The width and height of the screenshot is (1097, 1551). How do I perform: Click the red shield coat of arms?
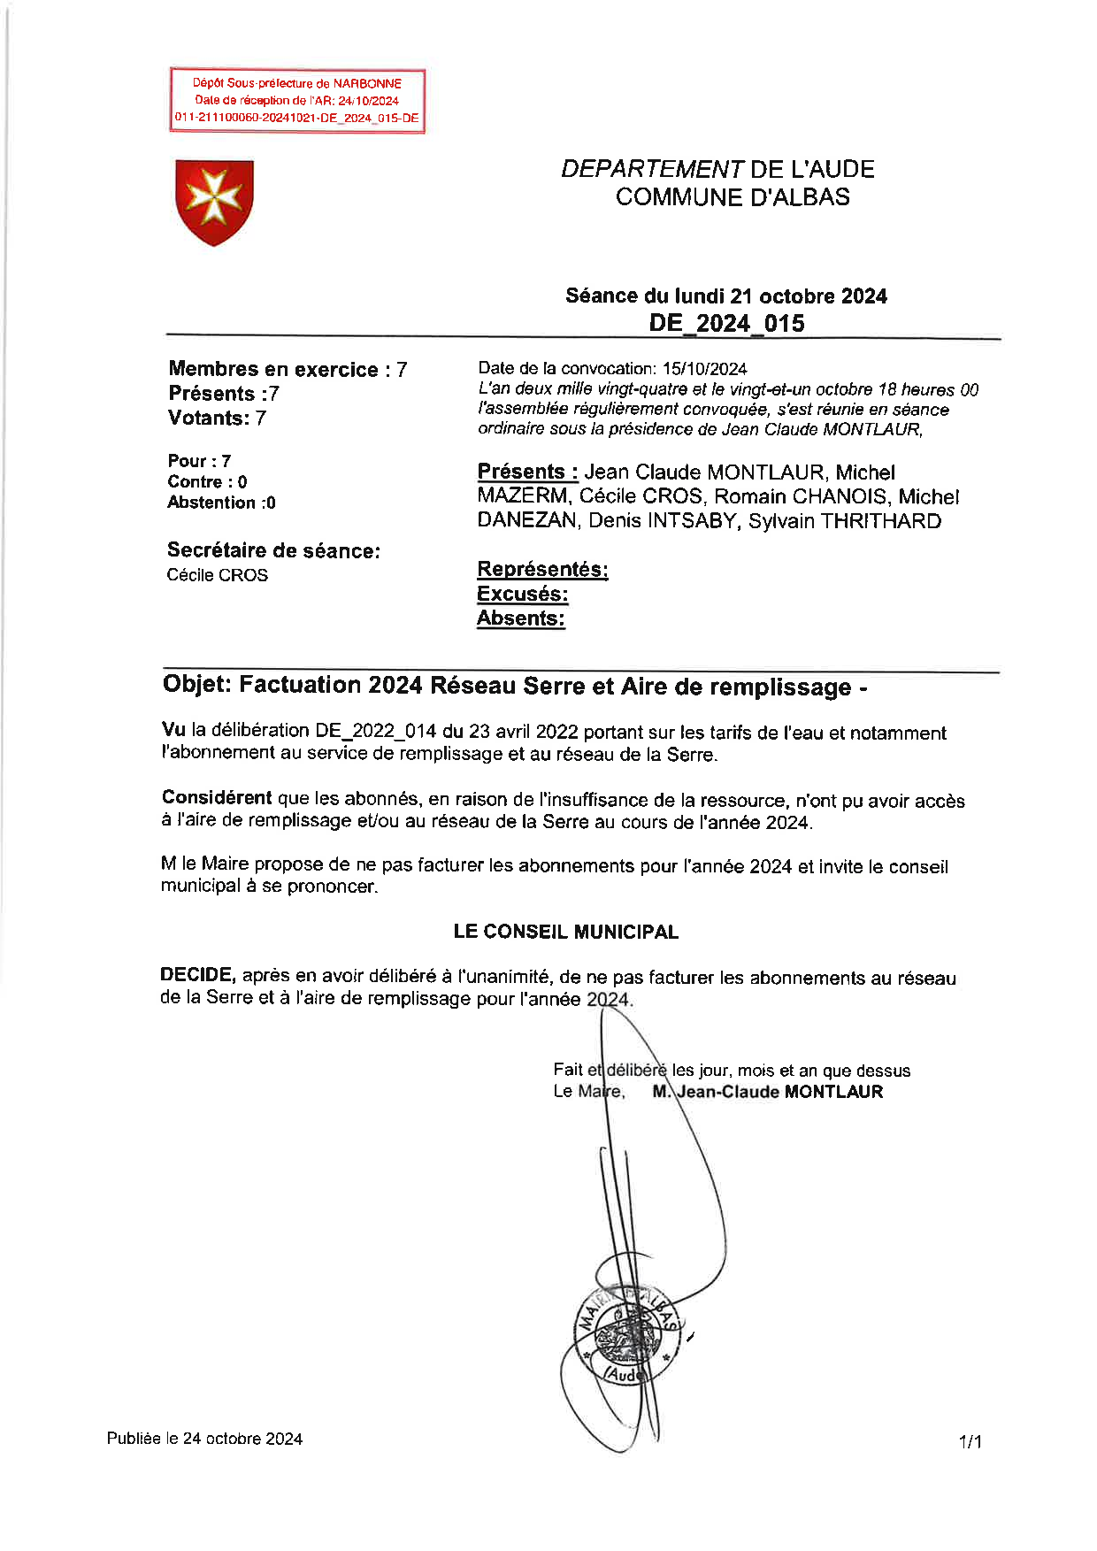click(214, 201)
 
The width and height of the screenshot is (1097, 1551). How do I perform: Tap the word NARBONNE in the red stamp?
click(367, 83)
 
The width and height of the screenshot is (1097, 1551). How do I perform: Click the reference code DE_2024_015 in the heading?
click(726, 323)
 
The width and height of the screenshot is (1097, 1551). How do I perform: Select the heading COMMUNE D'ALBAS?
click(733, 196)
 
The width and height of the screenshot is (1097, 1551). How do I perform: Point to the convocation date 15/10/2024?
click(704, 369)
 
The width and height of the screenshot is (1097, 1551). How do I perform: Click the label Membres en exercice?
click(273, 370)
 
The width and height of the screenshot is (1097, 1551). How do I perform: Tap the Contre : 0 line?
click(207, 482)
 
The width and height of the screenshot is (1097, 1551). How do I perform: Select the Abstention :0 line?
click(221, 503)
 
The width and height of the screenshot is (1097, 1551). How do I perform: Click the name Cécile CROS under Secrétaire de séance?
click(217, 575)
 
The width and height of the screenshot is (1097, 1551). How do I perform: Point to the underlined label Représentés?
click(542, 569)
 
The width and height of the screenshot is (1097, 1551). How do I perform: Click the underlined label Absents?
click(520, 618)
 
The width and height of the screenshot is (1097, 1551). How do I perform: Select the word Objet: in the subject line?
click(198, 685)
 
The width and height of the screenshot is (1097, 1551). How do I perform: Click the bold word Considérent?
click(217, 797)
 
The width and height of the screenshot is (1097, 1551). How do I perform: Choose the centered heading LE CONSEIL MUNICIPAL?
click(565, 932)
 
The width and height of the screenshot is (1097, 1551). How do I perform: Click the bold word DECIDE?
click(197, 975)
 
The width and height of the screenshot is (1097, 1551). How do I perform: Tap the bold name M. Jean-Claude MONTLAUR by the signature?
click(768, 1092)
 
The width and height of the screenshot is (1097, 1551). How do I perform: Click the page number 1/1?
click(970, 1442)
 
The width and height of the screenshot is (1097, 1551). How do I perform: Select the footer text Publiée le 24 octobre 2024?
click(204, 1439)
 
